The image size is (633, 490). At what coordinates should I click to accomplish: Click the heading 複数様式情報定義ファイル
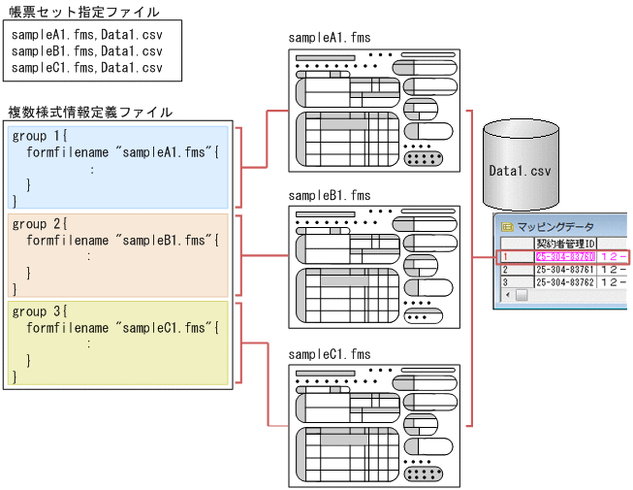click(x=90, y=113)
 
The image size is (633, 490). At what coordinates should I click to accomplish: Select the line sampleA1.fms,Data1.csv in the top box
click(x=87, y=34)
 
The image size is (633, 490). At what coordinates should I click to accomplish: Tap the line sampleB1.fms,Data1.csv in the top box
click(x=87, y=50)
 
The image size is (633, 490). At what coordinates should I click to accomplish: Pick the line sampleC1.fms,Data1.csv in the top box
click(x=87, y=68)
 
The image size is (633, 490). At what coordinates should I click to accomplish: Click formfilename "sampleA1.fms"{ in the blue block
click(x=124, y=152)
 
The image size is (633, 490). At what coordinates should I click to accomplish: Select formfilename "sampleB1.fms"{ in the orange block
click(x=124, y=240)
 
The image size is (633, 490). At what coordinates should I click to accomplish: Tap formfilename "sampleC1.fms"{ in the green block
click(x=124, y=327)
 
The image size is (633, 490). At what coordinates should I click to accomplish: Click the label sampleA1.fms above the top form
click(x=330, y=38)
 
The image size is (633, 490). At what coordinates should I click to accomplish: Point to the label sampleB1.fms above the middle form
click(x=330, y=195)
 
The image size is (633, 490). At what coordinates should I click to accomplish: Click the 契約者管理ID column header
click(x=565, y=243)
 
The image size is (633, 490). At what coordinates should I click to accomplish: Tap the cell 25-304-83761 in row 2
click(x=565, y=270)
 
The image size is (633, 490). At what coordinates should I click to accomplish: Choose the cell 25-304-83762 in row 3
click(x=565, y=282)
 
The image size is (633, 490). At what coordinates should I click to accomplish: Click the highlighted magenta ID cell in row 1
click(x=565, y=257)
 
